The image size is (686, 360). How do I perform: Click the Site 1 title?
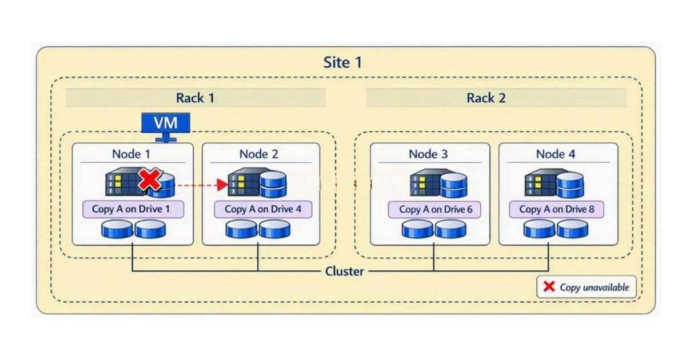tap(342, 62)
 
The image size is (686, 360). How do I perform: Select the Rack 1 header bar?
tap(196, 98)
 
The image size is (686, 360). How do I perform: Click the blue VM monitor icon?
tap(165, 124)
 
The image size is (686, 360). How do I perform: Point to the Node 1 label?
tap(132, 154)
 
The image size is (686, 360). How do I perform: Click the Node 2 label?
tap(258, 154)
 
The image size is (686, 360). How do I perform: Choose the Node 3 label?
tap(428, 154)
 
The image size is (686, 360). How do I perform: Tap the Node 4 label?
tap(556, 154)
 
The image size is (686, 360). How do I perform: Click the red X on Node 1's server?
tap(150, 181)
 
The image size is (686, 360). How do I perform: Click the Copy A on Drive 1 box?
tap(131, 209)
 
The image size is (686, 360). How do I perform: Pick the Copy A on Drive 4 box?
tap(263, 209)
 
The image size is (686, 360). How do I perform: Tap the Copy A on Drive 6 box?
tap(436, 209)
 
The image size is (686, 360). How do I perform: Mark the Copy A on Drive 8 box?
tap(557, 209)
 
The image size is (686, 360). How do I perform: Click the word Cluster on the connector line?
tap(344, 271)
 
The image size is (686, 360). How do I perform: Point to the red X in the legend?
tap(549, 287)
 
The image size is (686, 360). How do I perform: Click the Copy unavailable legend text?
tap(594, 287)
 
